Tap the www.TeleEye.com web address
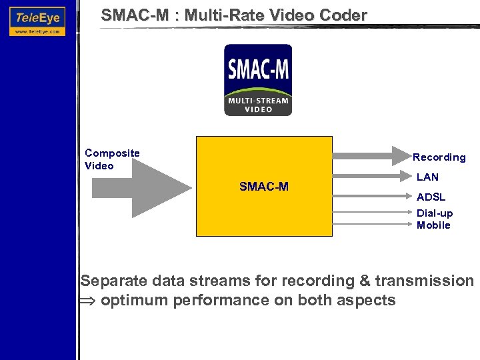(37, 31)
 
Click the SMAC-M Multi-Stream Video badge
(257, 80)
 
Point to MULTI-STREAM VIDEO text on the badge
(257, 105)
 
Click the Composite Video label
(112, 159)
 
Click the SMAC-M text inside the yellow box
(264, 187)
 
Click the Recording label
(439, 157)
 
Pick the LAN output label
(427, 177)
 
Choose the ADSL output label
(431, 197)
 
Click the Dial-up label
(435, 213)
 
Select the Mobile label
(433, 225)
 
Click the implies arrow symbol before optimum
(89, 301)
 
